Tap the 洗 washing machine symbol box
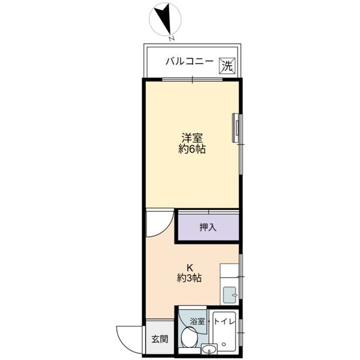[x=226, y=65]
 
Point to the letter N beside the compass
[x=172, y=38]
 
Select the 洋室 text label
[x=192, y=137]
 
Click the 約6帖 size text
[x=192, y=149]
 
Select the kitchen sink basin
[x=230, y=295]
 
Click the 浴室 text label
[x=197, y=322]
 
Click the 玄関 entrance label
[x=159, y=339]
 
